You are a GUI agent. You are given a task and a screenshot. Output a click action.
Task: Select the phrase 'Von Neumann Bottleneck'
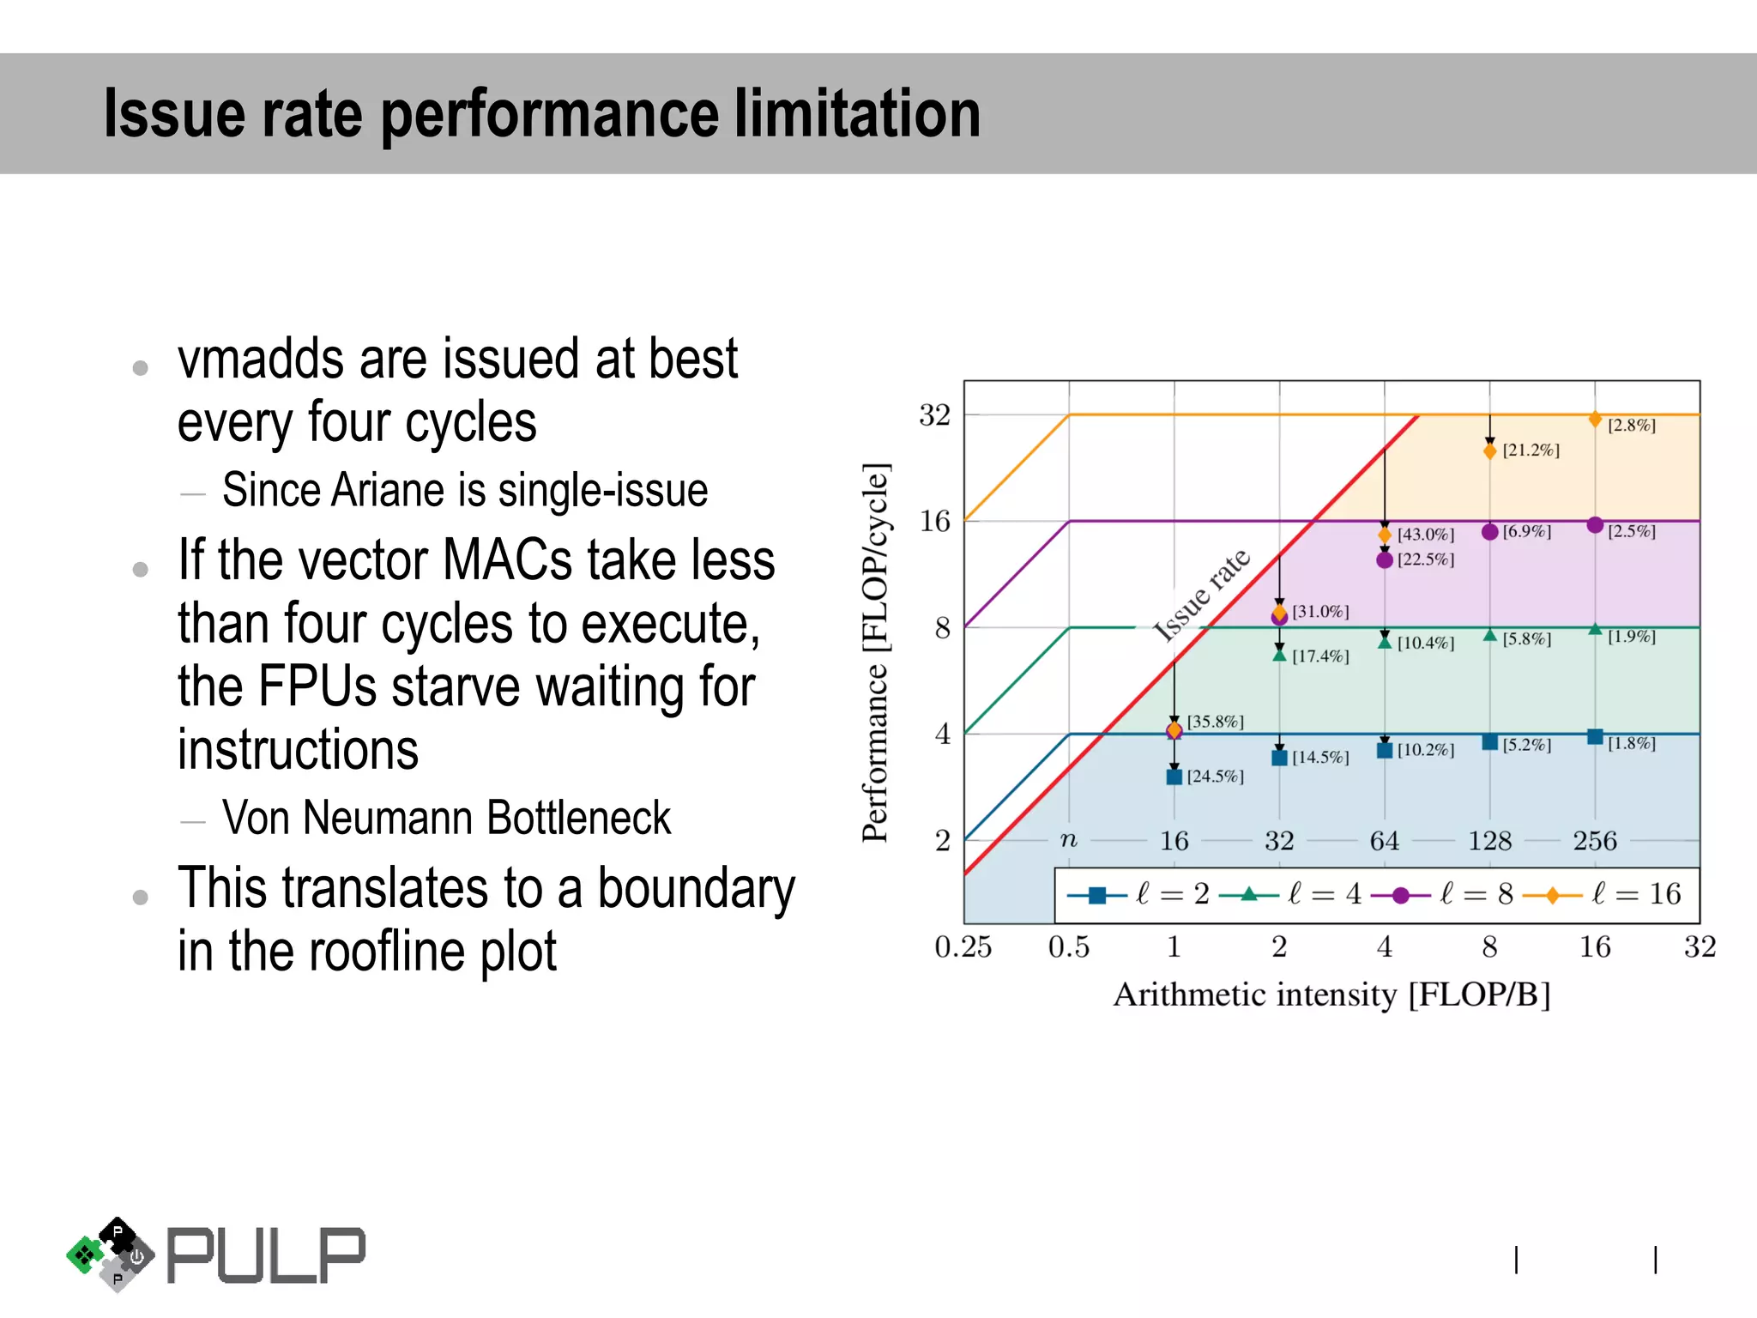click(446, 818)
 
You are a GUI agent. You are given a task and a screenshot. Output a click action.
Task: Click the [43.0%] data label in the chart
click(1425, 535)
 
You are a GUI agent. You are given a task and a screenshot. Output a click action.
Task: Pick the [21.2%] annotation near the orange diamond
click(1531, 450)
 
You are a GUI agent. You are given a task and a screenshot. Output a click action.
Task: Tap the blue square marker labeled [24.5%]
click(1174, 777)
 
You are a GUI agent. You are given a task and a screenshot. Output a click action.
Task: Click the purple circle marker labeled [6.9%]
click(1490, 532)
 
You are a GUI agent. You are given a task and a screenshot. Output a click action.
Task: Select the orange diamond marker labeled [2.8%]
click(1595, 420)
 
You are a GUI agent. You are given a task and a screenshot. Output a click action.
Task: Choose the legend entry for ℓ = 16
click(1602, 895)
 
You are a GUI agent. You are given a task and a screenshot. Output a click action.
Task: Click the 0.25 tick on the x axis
click(963, 947)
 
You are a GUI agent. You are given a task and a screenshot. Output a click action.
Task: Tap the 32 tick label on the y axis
click(934, 415)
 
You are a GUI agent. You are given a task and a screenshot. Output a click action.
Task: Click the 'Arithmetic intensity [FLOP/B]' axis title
click(1331, 995)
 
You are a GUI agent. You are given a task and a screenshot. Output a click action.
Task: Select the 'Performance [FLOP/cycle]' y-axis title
click(875, 652)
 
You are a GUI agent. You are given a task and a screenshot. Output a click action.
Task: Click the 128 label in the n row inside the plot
click(1489, 841)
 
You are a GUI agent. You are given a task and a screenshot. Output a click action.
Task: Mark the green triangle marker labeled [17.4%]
click(1279, 656)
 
